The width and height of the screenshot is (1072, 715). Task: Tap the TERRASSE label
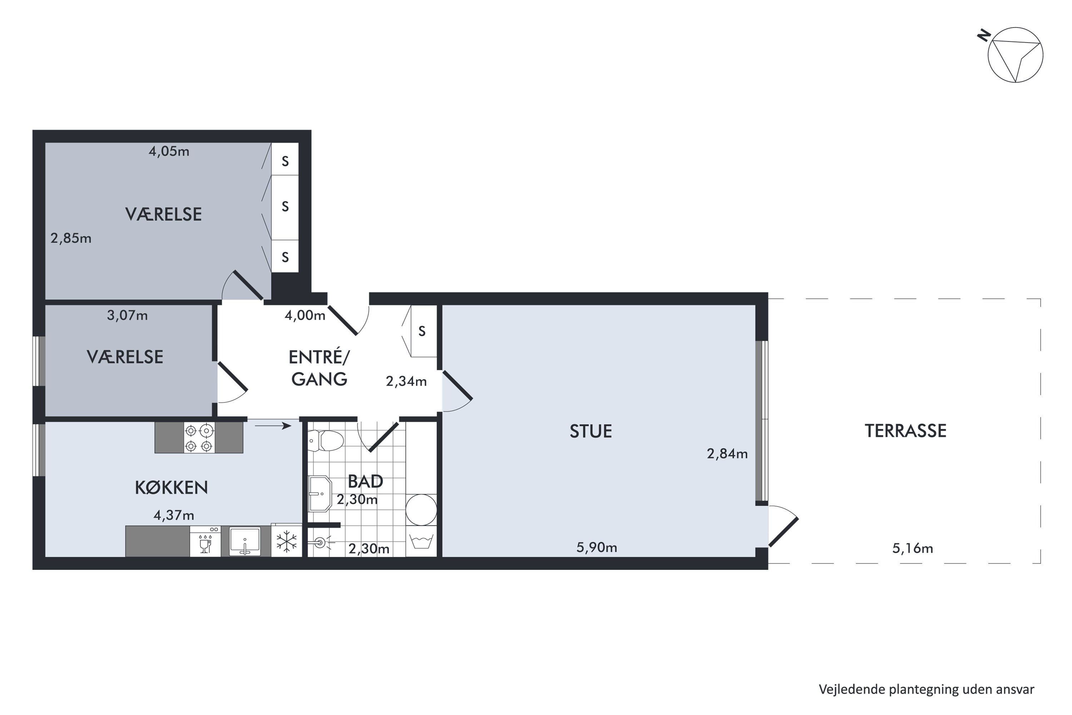(x=905, y=431)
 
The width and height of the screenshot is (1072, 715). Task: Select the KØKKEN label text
(x=172, y=488)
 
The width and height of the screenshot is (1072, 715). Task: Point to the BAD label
(x=365, y=481)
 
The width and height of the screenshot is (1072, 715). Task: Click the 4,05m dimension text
(x=169, y=151)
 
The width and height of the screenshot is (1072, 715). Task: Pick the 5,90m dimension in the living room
(x=597, y=547)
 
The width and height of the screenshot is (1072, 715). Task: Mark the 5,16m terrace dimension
(x=913, y=548)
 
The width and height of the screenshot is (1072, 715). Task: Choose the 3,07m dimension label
(x=127, y=315)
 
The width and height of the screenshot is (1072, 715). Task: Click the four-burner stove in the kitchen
(x=199, y=438)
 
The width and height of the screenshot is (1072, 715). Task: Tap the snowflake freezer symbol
(x=287, y=542)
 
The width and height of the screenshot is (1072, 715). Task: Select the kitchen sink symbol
(x=245, y=541)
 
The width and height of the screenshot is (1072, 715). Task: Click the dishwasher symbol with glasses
(x=205, y=541)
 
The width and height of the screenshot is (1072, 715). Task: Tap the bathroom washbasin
(x=320, y=494)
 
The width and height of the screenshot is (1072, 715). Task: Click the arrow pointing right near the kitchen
(x=273, y=426)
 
